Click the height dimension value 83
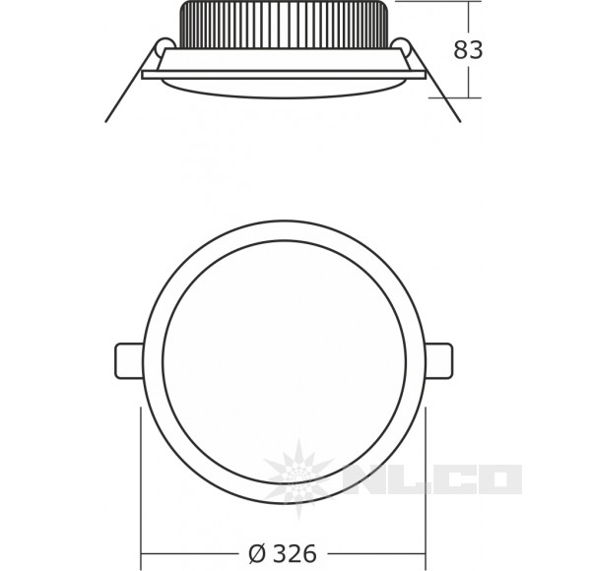click(468, 49)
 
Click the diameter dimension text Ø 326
click(284, 554)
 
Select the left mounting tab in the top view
click(130, 359)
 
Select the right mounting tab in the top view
click(439, 359)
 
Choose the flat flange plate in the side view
click(284, 74)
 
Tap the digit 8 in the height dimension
click(460, 49)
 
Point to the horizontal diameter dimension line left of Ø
click(192, 553)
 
